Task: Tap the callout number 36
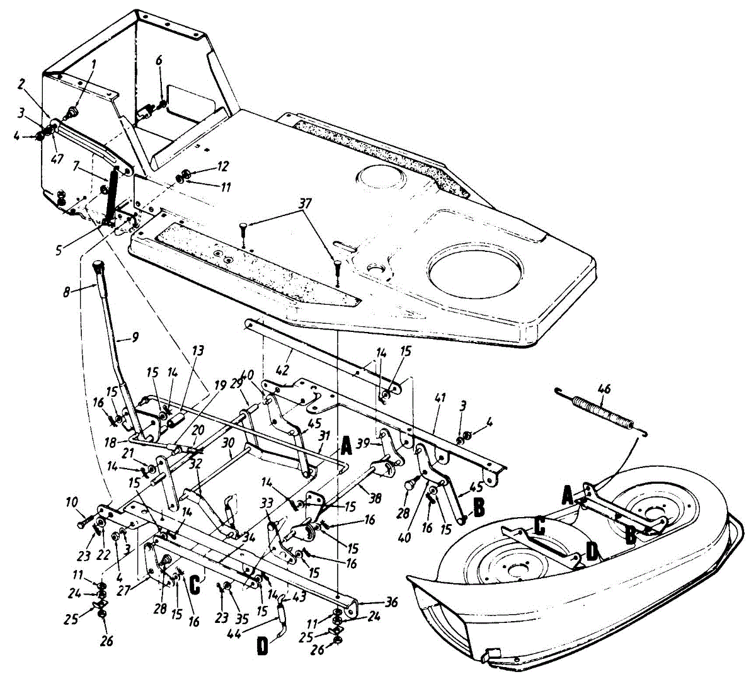tap(392, 603)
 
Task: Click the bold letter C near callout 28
tap(195, 584)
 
